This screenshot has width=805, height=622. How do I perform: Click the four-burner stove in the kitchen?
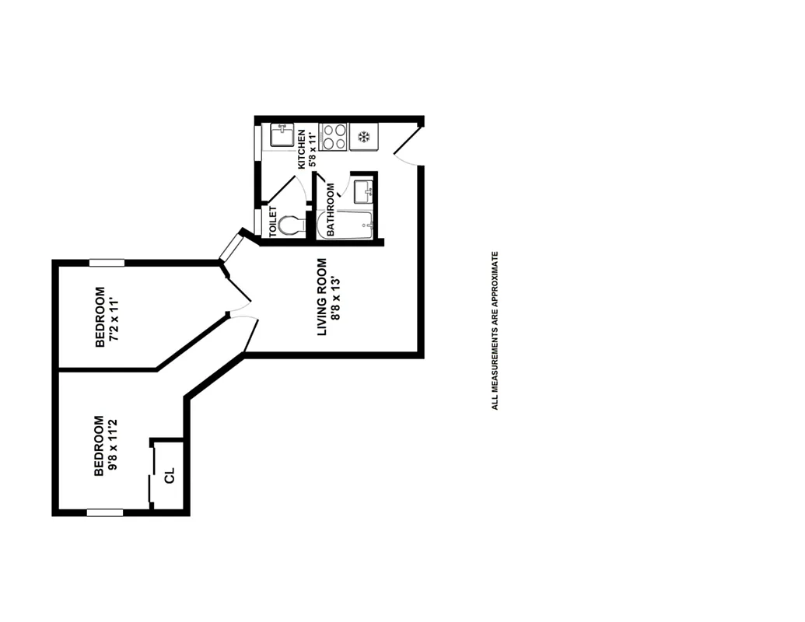(x=334, y=137)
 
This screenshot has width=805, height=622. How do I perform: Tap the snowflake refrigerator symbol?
(x=362, y=138)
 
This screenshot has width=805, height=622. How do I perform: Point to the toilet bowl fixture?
(x=292, y=225)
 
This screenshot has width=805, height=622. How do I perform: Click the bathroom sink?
(x=362, y=190)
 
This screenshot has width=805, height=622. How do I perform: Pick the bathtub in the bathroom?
(x=347, y=225)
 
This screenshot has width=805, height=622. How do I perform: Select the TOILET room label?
(x=272, y=222)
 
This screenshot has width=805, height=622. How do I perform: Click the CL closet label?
(x=170, y=475)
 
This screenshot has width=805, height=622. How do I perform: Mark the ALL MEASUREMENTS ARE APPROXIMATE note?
(x=494, y=330)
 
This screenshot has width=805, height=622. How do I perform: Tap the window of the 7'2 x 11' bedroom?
(x=107, y=263)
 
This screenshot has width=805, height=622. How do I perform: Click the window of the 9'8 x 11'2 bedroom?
(x=104, y=512)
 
